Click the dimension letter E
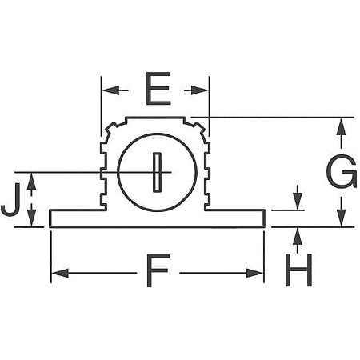coord(158,90)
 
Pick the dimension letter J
coord(10,201)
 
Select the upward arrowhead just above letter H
coord(298,234)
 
